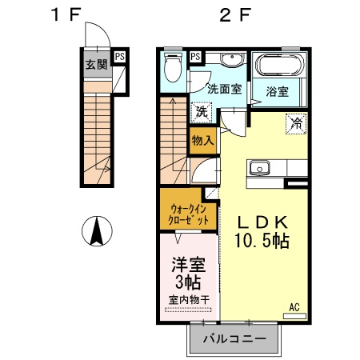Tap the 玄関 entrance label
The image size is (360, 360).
coord(97,65)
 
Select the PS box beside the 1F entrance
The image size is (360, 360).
coord(119,56)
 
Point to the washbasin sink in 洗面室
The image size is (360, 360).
coord(230,61)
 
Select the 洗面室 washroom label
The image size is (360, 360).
coord(225,89)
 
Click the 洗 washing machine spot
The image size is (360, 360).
coord(202,111)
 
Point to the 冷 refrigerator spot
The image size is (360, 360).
coord(296,123)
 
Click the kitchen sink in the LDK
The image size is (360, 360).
coord(260,168)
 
